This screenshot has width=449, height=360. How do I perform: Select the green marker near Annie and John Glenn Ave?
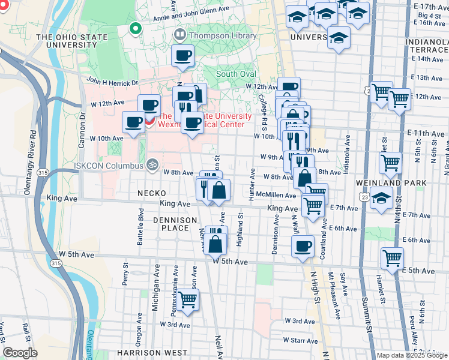coord(136,28)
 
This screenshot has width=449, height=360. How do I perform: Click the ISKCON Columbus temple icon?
coord(152,164)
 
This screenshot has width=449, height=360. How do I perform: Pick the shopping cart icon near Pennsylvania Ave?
coord(188,299)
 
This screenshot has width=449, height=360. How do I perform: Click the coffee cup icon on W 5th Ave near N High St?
coord(302,245)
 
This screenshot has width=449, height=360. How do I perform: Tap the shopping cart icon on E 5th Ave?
coord(392,258)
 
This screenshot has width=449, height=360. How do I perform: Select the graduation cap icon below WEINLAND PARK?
coord(381,198)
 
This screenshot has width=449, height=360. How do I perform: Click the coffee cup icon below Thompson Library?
coord(182,55)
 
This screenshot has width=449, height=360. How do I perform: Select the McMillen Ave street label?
coord(276,195)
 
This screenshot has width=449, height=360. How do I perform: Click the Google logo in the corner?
coord(20,353)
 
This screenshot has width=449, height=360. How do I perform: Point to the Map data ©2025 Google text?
coord(411,355)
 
